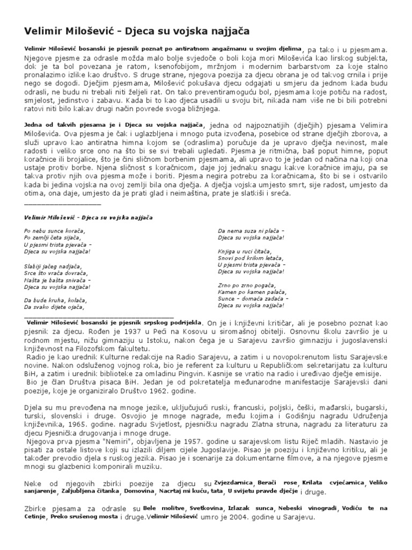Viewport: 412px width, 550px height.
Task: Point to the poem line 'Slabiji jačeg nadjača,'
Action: pyautogui.click(x=53, y=266)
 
